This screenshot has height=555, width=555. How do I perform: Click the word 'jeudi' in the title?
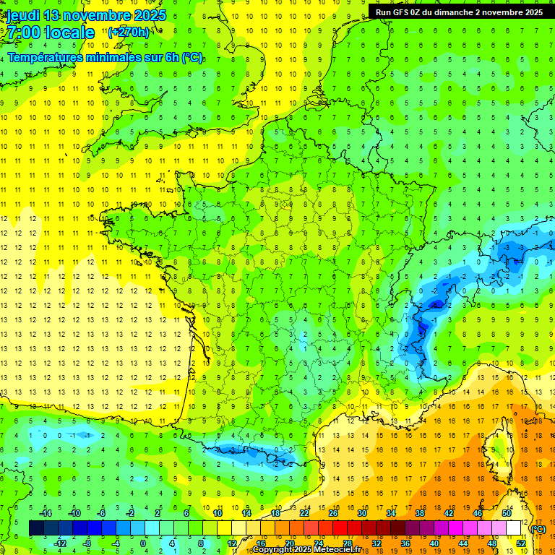pyautogui.click(x=22, y=15)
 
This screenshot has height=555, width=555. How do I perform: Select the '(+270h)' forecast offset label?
pyautogui.click(x=129, y=32)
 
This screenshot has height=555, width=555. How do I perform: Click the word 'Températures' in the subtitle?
pyautogui.click(x=45, y=57)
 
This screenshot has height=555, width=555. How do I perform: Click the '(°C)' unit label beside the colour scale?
pyautogui.click(x=538, y=529)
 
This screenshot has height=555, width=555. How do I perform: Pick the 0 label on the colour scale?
pyautogui.click(x=143, y=543)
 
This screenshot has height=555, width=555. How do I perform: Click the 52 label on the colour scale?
pyautogui.click(x=521, y=543)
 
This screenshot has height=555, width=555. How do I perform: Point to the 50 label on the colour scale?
pyautogui.click(x=507, y=513)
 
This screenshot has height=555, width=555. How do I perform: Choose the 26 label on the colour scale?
pyautogui.click(x=333, y=513)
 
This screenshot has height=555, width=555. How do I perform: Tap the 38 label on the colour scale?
pyautogui.click(x=420, y=513)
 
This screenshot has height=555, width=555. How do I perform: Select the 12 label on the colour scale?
pyautogui.click(x=232, y=543)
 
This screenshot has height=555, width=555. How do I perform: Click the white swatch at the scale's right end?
pyautogui.click(x=514, y=528)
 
